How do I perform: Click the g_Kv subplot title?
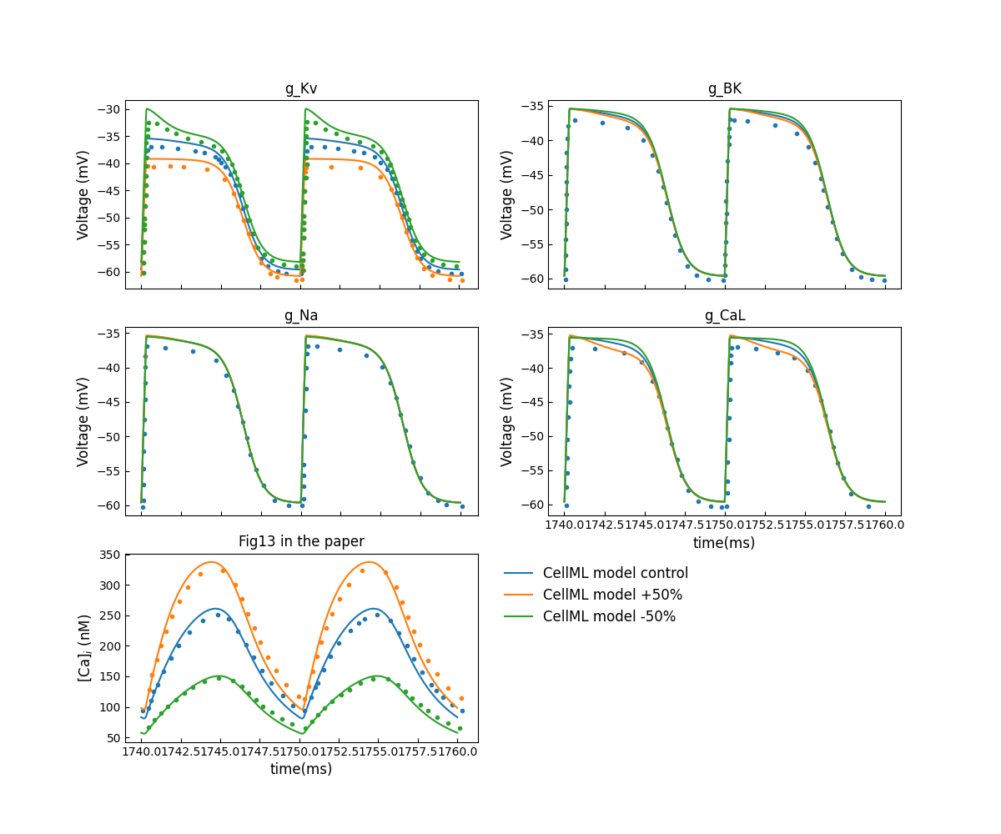click(301, 88)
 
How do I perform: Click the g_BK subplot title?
click(724, 88)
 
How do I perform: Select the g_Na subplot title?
click(301, 315)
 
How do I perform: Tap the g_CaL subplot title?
click(724, 315)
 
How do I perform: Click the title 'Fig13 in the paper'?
click(301, 541)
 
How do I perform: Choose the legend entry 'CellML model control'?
click(616, 573)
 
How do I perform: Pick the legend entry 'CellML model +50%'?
click(612, 595)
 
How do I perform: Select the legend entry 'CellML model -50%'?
click(609, 616)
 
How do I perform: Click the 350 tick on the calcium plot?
click(110, 555)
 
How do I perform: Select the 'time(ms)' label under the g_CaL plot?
click(724, 543)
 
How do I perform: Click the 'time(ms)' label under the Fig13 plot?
click(301, 769)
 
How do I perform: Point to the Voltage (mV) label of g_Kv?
click(83, 195)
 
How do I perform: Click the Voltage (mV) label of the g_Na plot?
click(83, 421)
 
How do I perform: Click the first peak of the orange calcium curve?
click(211, 562)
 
